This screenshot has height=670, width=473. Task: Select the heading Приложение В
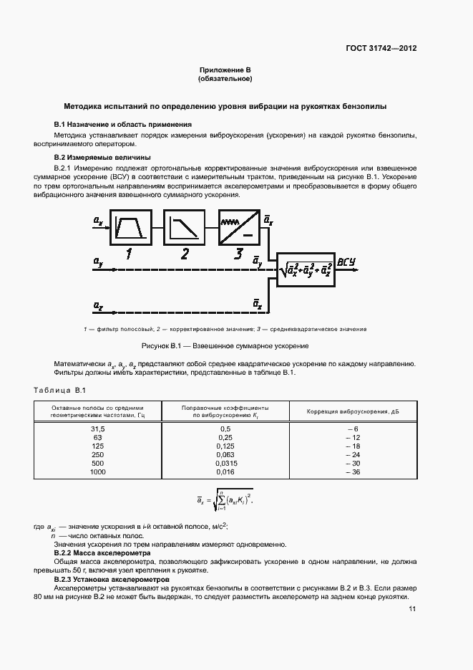click(x=225, y=70)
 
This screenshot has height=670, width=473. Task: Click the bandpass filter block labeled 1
click(x=130, y=228)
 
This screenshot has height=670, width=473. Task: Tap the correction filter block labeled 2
click(x=185, y=228)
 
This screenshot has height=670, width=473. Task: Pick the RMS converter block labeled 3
click(x=238, y=228)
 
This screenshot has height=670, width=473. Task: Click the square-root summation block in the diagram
click(x=306, y=269)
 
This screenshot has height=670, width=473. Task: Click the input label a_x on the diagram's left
click(x=98, y=223)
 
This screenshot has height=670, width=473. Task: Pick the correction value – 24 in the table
click(x=352, y=454)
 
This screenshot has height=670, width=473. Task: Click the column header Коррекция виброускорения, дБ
click(x=352, y=411)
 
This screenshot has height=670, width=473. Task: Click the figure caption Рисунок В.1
click(x=225, y=345)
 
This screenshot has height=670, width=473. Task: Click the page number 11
click(x=412, y=609)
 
